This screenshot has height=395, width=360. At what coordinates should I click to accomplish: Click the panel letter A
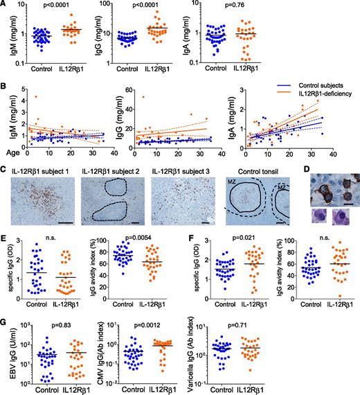coord(5,5)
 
